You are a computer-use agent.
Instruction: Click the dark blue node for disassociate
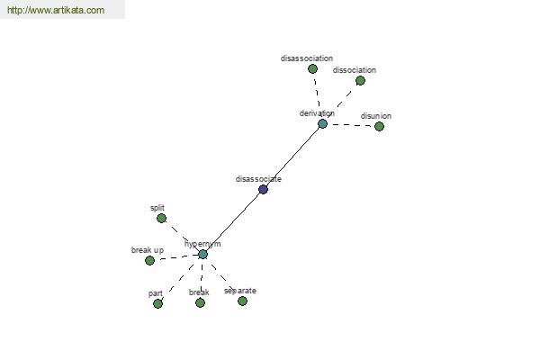(263, 189)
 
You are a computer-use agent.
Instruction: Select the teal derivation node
(322, 123)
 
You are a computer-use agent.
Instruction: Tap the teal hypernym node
(202, 254)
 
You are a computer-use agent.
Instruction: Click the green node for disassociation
(312, 69)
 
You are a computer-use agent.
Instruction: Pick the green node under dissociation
(360, 81)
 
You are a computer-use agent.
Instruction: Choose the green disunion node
(379, 126)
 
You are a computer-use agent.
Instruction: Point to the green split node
(161, 218)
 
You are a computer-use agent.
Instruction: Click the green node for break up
(149, 260)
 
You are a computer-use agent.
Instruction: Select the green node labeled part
(157, 303)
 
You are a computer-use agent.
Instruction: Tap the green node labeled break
(200, 302)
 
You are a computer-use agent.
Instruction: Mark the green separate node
(242, 301)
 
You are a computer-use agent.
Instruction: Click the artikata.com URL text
(56, 10)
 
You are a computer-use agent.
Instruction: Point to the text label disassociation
(307, 58)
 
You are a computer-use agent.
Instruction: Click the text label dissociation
(355, 70)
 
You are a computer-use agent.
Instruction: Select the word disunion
(375, 116)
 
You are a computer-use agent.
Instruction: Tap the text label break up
(148, 250)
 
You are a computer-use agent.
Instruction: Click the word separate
(240, 291)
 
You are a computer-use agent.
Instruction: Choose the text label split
(157, 208)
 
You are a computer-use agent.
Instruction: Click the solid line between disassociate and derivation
(292, 157)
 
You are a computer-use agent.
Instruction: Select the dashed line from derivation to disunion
(352, 125)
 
